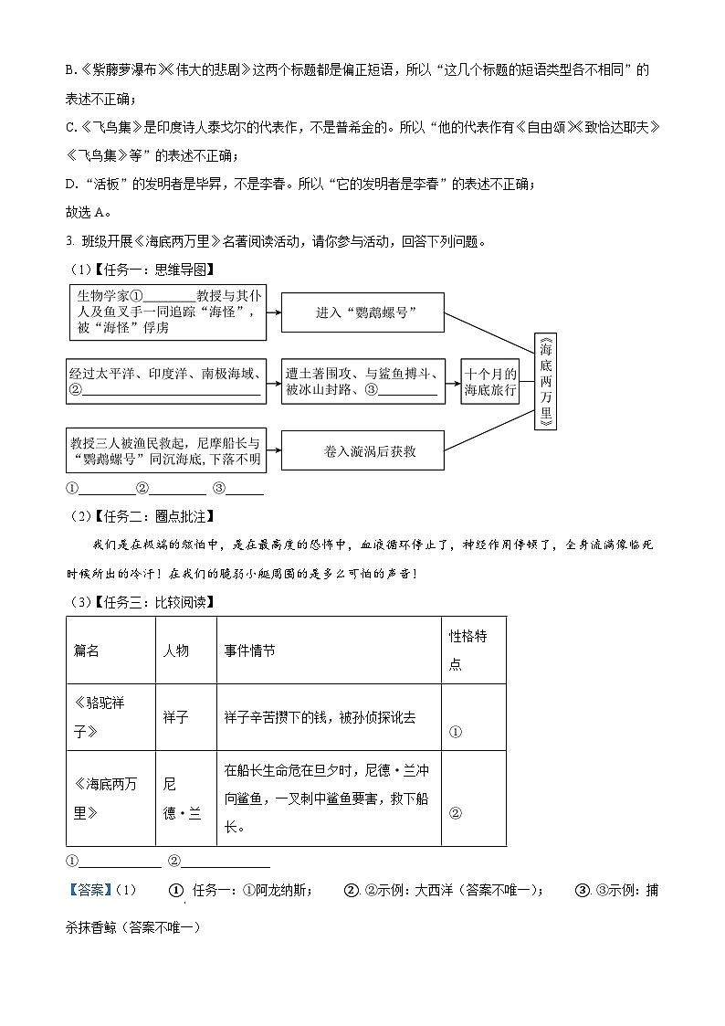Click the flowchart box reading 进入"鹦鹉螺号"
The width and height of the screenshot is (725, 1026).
pos(363,312)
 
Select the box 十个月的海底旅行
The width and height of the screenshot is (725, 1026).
pos(490,381)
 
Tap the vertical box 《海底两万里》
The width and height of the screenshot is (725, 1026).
pos(545,381)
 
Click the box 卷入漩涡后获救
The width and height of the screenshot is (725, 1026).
pos(363,450)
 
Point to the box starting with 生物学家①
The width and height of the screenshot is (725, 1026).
pos(167,312)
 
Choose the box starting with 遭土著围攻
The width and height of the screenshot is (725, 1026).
pos(362,381)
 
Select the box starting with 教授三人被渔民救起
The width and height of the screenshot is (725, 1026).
pos(167,450)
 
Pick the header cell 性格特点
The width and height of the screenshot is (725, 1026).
pos(472,650)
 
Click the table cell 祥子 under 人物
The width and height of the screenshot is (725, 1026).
pos(175,718)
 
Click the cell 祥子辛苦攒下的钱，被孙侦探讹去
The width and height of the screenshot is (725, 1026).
pos(320,718)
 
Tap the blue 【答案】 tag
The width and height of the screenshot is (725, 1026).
pos(89,891)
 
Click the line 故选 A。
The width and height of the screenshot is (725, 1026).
pos(88,213)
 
